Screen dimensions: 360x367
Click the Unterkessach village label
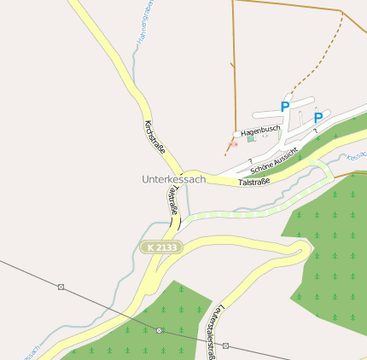coord(173,180)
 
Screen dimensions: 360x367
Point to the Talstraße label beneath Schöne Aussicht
coord(254,182)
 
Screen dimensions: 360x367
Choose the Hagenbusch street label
coord(259,131)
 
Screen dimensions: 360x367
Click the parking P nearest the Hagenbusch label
coord(285,107)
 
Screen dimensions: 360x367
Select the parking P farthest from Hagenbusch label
coord(318,118)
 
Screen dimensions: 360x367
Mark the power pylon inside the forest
coord(160,330)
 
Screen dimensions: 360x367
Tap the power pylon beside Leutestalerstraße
coord(225,345)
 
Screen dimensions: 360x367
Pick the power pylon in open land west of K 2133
coord(61,287)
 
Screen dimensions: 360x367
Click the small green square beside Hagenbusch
coord(250,138)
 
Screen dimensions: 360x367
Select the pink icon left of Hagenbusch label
coord(233,144)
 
